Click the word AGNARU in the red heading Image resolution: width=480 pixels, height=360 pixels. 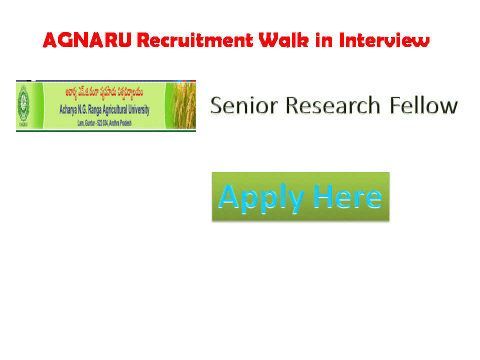point(88,40)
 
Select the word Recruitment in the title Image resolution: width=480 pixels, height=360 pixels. point(194,40)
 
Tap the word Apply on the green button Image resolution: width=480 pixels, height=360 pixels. point(261,196)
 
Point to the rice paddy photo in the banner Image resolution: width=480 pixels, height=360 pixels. point(180,106)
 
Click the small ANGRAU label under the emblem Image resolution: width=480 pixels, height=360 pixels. point(22,125)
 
